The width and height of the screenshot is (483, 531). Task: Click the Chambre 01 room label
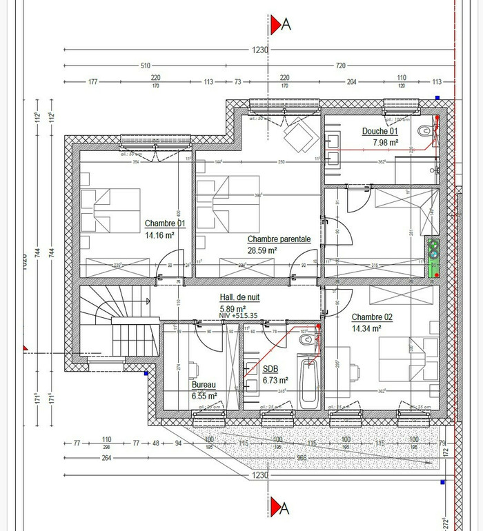(x=165, y=223)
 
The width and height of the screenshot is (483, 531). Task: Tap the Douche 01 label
(x=380, y=131)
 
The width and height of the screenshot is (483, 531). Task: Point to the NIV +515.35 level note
(x=239, y=316)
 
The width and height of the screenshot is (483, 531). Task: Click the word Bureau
(x=204, y=385)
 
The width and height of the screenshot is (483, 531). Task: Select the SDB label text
(x=270, y=370)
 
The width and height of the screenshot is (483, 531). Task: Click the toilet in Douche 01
(x=428, y=129)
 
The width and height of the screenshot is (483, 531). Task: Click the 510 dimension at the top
(x=146, y=66)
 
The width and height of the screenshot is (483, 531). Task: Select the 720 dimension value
(x=340, y=66)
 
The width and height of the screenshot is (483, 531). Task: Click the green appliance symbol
(x=433, y=257)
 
